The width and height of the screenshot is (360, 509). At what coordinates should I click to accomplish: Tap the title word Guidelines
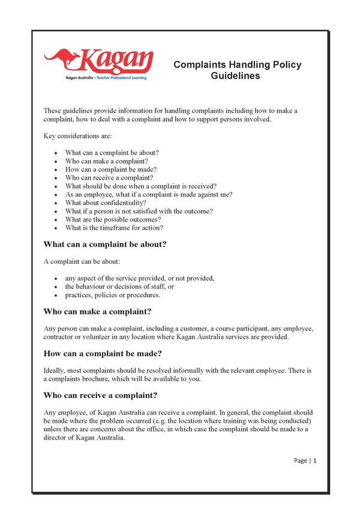235,76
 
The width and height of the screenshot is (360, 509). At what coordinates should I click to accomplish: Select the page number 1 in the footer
314,460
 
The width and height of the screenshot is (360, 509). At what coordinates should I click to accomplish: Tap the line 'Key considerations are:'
74,136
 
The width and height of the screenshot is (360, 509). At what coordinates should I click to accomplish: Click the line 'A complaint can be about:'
79,261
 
